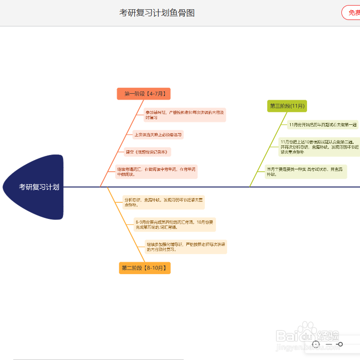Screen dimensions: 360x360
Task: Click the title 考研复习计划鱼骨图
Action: [157, 13]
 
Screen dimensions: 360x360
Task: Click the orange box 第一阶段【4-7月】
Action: [144, 94]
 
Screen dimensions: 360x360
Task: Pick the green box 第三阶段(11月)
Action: [287, 106]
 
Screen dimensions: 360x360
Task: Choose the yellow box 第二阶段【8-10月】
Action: [144, 268]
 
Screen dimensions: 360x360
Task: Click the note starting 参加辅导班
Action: [184, 115]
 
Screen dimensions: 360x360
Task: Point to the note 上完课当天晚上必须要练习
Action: [158, 135]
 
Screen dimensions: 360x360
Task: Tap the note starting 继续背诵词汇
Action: [156, 172]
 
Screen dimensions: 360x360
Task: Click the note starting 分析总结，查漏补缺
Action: [164, 202]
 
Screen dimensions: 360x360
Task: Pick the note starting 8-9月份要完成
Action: [175, 225]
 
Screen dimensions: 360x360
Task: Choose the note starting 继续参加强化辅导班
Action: [186, 246]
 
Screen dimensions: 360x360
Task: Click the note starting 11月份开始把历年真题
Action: [322, 124]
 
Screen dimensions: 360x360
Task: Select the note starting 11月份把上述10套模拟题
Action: [319, 147]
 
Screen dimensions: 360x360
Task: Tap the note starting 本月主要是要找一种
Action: [305, 172]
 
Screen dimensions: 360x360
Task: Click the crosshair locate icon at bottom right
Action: [316, 344]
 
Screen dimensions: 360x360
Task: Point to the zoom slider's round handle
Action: [340, 344]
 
